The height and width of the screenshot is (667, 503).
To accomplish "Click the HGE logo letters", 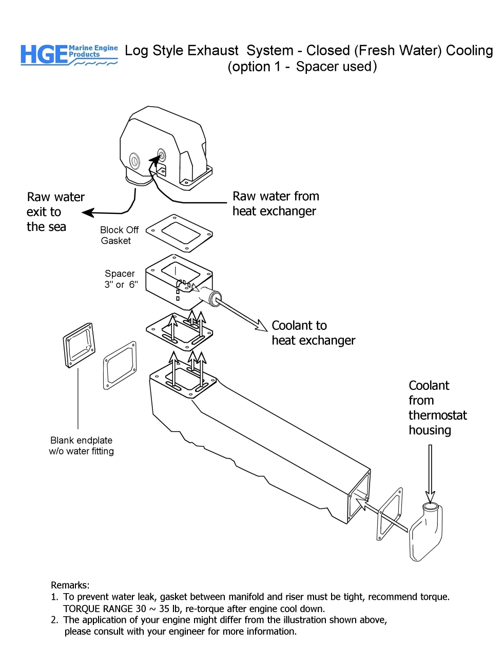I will pyautogui.click(x=44, y=55).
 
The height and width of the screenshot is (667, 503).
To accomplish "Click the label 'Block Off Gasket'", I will pyautogui.click(x=119, y=236).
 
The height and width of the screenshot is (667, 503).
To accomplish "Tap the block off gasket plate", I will pyautogui.click(x=180, y=233).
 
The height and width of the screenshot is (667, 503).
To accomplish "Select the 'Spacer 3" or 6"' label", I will pyautogui.click(x=121, y=279).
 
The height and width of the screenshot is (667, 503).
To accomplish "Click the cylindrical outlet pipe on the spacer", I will pyautogui.click(x=210, y=296).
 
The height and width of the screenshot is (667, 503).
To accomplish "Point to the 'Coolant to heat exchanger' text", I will pyautogui.click(x=313, y=333).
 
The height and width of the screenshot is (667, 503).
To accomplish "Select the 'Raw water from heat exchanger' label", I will pyautogui.click(x=276, y=204).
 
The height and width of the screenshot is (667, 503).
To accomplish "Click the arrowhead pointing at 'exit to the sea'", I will pyautogui.click(x=88, y=212).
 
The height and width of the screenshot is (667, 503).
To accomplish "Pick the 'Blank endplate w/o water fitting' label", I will pyautogui.click(x=81, y=446).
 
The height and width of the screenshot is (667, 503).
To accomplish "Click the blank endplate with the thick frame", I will pyautogui.click(x=79, y=345).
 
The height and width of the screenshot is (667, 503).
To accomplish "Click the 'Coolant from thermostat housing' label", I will pyautogui.click(x=437, y=408).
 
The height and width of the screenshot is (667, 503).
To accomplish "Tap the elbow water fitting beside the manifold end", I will pyautogui.click(x=426, y=534).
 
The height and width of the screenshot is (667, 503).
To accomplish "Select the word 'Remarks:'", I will pyautogui.click(x=70, y=585).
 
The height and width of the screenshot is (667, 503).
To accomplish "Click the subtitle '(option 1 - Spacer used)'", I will pyautogui.click(x=302, y=67).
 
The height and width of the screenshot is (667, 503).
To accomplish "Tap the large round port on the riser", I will pyautogui.click(x=134, y=161).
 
